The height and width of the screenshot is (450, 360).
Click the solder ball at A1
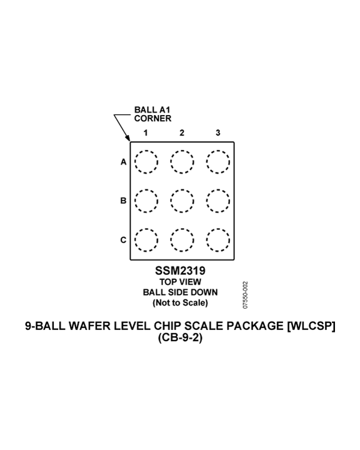[x=146, y=151]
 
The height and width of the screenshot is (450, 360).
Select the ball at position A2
[x=182, y=151]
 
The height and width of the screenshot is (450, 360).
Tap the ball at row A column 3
[x=218, y=151]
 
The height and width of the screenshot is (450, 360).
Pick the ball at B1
[x=146, y=189]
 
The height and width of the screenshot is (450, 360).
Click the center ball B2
[x=182, y=189]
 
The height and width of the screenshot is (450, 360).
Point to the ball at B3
[x=218, y=189]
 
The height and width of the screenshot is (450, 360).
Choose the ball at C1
[x=146, y=229]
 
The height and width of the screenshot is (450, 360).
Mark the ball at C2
[x=182, y=229]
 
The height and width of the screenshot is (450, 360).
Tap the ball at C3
[x=218, y=229]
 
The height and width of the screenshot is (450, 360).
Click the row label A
[x=124, y=162]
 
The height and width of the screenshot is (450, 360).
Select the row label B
[x=124, y=201]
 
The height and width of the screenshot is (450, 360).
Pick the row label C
[x=124, y=239]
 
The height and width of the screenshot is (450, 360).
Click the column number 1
[x=146, y=132]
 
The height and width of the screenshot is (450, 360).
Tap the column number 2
[x=182, y=132]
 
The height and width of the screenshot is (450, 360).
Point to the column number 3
[x=218, y=132]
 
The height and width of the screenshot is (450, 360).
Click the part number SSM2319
[x=180, y=271]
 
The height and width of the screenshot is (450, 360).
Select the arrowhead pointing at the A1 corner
[x=127, y=138]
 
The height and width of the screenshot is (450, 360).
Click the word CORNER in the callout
[x=152, y=118]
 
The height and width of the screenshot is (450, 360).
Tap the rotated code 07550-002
[x=245, y=295]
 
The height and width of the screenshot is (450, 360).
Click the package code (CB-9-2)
[x=180, y=337]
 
